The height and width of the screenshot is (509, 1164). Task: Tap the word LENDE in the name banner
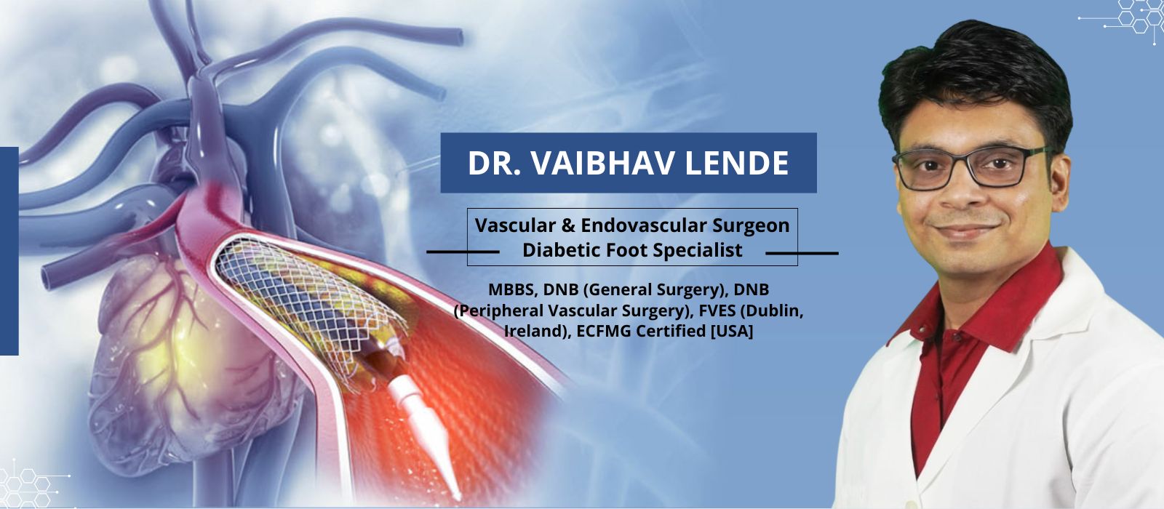tap(737, 163)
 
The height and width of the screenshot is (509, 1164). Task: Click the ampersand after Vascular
tap(568, 226)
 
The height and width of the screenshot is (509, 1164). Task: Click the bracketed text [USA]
tap(732, 332)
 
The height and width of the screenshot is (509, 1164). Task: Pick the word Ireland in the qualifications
tap(538, 332)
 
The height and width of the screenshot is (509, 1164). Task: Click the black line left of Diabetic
tap(463, 252)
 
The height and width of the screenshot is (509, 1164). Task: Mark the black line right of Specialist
tap(802, 254)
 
